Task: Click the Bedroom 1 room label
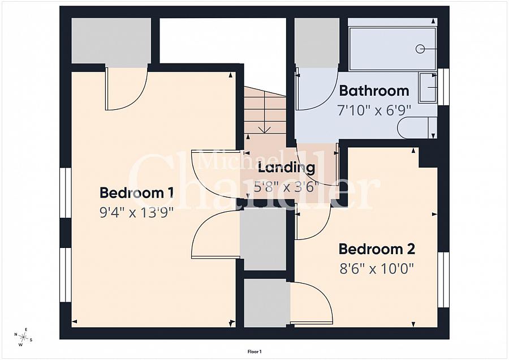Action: (136, 192)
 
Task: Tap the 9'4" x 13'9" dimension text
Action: (137, 213)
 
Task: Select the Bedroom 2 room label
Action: (377, 249)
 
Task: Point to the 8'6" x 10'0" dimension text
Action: (377, 269)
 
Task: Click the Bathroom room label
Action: (374, 91)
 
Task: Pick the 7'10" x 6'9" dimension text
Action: (374, 110)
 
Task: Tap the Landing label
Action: (286, 168)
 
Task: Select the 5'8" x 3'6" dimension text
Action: (284, 187)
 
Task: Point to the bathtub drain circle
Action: (420, 49)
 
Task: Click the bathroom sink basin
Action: (428, 88)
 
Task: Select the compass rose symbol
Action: (23, 337)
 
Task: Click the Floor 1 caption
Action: (255, 352)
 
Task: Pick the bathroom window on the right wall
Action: (443, 87)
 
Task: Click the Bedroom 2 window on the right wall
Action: (443, 280)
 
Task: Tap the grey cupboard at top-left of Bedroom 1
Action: (111, 41)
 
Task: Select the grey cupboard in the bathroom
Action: (317, 42)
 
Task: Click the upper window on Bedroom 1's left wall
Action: (66, 192)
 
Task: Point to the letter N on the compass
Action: (16, 335)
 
